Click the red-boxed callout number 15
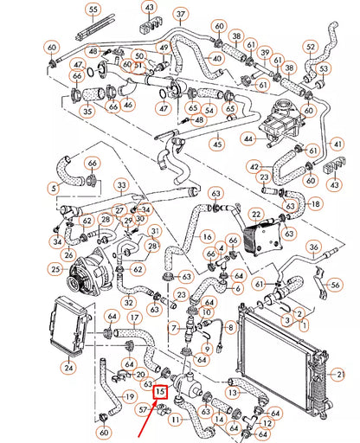[159, 392]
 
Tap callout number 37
[179, 15]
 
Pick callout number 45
[217, 144]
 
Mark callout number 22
[255, 215]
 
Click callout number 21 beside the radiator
[340, 374]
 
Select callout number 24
[68, 367]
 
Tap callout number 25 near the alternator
[55, 271]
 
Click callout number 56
[335, 284]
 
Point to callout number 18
[315, 204]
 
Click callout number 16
[206, 235]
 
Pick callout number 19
[129, 397]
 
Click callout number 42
[254, 167]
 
